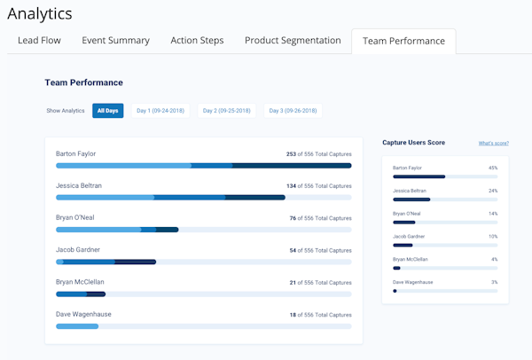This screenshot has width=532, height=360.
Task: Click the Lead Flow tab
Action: [x=39, y=41]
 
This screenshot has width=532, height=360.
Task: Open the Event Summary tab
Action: [x=115, y=41]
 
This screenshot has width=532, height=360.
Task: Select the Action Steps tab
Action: [x=197, y=41]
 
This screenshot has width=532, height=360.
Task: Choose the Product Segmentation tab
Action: [x=293, y=41]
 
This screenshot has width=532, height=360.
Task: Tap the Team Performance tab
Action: [x=403, y=41]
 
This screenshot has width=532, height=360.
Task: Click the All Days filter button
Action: [x=107, y=111]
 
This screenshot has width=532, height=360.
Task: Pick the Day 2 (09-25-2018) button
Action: [x=227, y=111]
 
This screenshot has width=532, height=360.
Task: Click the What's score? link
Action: [x=493, y=143]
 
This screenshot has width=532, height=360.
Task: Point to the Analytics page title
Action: [x=40, y=13]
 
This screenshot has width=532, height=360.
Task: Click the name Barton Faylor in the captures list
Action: [x=75, y=153]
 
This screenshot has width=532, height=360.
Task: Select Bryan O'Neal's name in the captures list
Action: [x=77, y=217]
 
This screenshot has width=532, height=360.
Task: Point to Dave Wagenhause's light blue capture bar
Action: [x=77, y=326]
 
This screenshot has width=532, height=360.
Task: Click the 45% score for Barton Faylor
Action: [x=492, y=168]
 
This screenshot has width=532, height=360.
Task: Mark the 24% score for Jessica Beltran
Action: [x=492, y=191]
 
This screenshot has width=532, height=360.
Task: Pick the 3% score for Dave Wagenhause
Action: [x=494, y=282]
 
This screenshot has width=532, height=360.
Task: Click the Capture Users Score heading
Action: [x=413, y=142]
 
